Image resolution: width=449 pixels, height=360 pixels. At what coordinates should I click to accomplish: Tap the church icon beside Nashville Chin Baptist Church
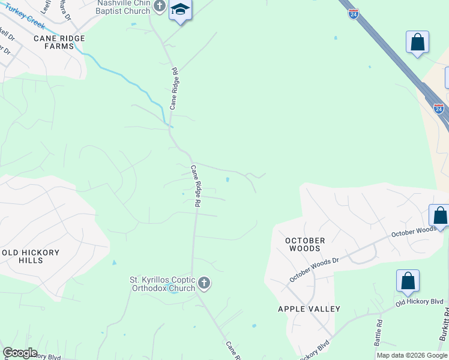159,7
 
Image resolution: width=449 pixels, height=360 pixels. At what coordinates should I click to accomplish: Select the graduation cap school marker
180,10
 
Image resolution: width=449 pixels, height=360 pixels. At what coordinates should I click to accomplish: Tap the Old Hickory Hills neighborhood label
31,257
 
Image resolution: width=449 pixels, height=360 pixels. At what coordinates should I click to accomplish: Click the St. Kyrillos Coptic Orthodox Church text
163,284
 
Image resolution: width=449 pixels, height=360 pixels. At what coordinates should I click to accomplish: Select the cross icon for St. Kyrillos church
204,283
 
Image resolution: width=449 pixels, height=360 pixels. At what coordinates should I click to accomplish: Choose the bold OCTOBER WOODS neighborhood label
306,244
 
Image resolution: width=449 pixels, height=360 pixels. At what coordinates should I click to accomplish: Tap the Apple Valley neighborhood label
309,309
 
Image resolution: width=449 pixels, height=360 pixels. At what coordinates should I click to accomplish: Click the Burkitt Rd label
444,329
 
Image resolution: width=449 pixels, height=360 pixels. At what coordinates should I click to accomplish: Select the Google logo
19,353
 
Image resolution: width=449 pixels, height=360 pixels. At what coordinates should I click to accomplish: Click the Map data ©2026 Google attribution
412,355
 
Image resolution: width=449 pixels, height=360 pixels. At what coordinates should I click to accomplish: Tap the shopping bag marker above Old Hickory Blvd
408,280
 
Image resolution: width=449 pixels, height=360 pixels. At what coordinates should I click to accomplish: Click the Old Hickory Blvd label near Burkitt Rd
419,305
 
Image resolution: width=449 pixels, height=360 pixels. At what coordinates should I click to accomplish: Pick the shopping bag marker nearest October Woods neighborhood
439,215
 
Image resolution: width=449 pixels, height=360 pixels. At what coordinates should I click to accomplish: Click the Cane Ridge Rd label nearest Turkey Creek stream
174,88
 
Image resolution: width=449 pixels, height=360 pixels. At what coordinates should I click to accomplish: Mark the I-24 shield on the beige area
439,109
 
